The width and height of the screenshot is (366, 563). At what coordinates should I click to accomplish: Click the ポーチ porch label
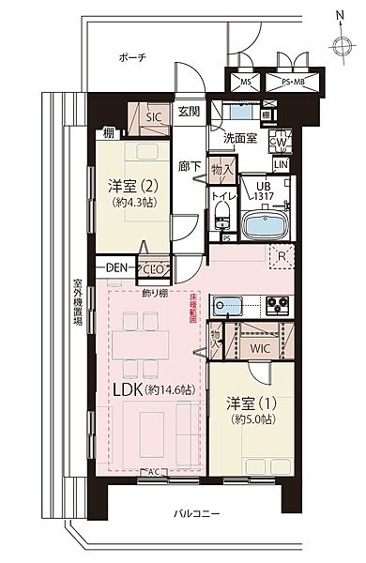pos(131,56)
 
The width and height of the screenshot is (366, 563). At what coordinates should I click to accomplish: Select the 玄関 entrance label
pos(189,112)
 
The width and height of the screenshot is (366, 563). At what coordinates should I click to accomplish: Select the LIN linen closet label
pos(281,165)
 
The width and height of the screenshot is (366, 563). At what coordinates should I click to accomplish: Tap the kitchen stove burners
pos(278,303)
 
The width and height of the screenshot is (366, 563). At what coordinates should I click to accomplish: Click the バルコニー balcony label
pos(198,515)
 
